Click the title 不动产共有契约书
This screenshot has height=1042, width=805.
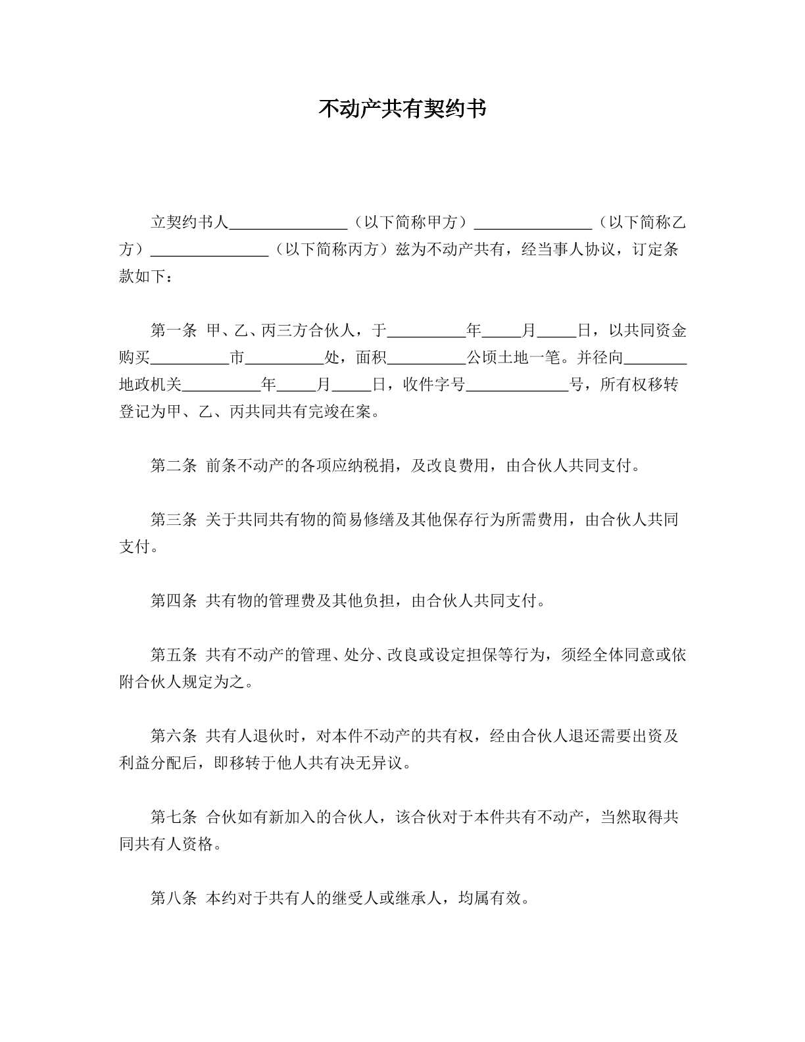coord(402,109)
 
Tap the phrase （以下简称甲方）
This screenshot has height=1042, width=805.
coord(410,222)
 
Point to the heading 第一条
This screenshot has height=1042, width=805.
coord(174,330)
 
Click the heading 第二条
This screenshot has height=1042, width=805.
coord(174,466)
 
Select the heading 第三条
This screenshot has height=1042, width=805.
coord(174,520)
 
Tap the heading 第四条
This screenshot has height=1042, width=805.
coord(174,601)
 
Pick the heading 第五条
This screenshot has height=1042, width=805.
coord(174,655)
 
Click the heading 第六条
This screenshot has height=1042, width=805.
coord(174,736)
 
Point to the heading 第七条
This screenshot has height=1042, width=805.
coord(174,817)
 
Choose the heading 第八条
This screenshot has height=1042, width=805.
coord(174,898)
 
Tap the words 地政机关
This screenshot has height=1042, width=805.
coord(150,385)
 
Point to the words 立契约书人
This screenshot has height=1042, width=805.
coord(189,222)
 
